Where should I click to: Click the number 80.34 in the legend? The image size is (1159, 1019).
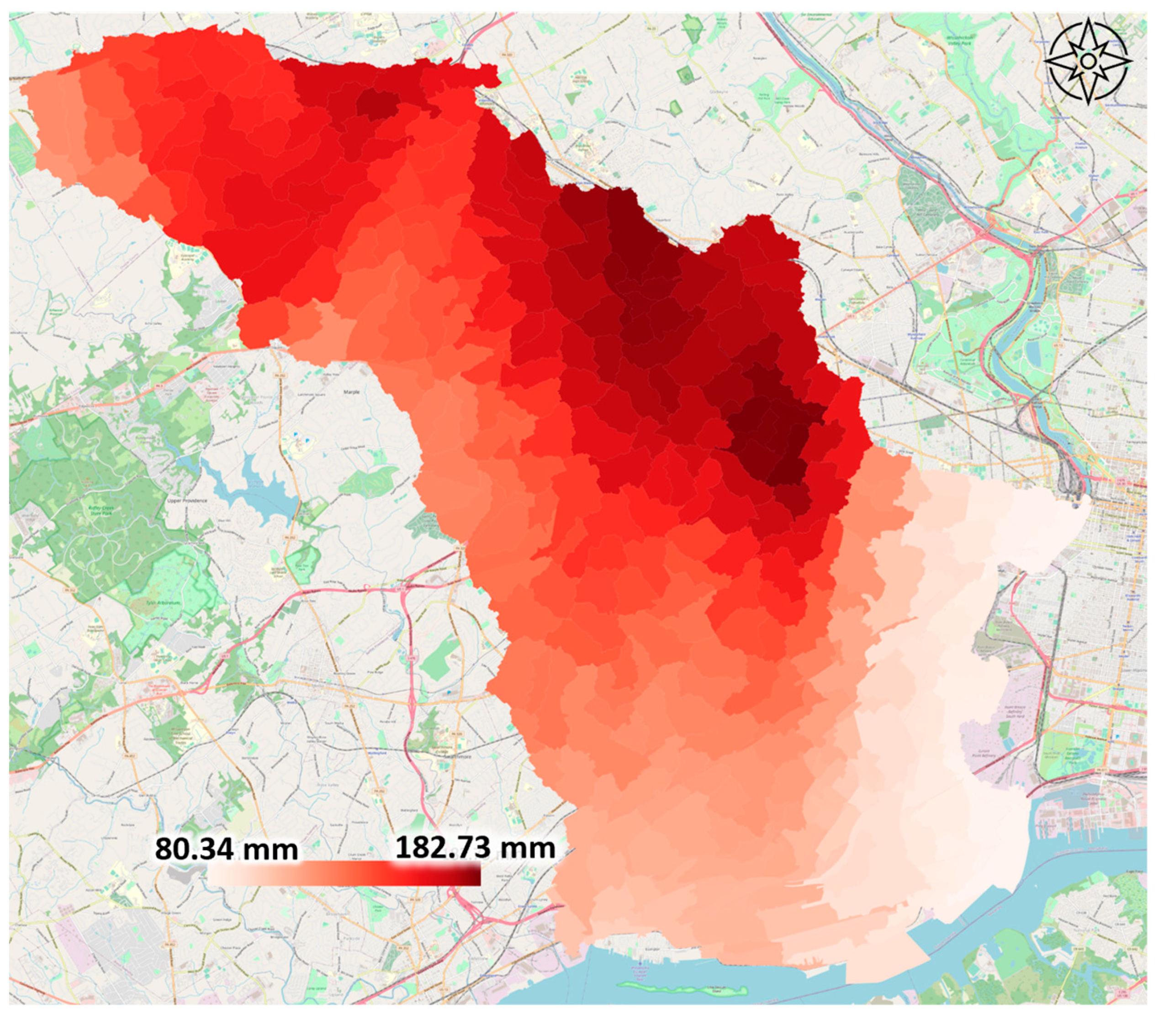tap(193, 849)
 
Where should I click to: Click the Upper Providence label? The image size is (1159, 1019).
tap(187, 501)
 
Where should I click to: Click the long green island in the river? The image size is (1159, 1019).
tap(680, 989)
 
